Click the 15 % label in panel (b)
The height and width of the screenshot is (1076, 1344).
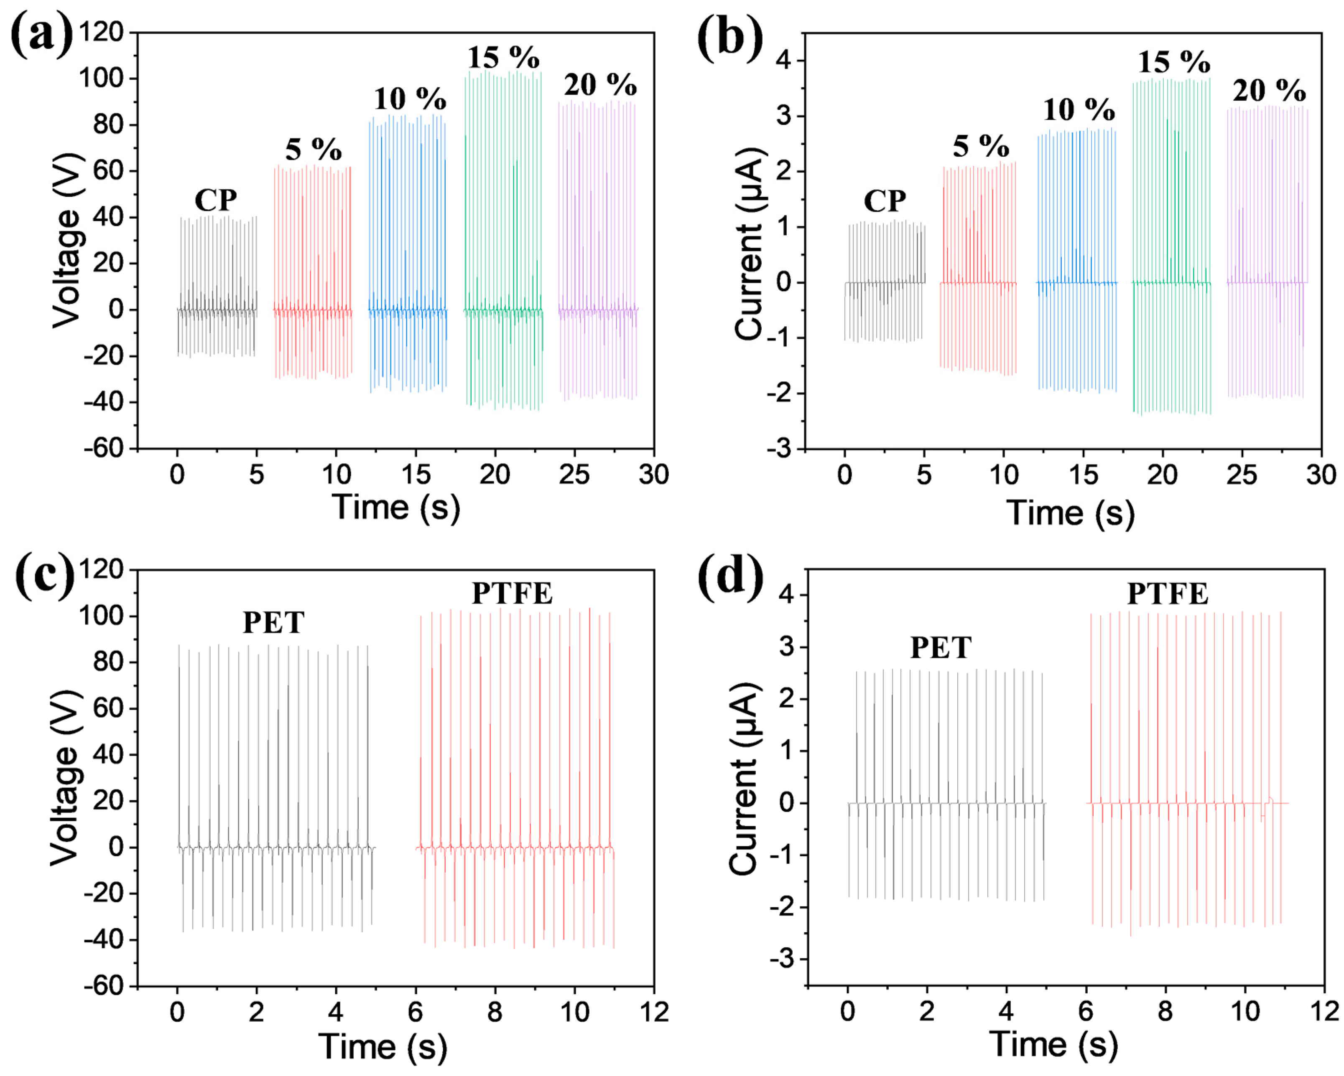pos(1174,62)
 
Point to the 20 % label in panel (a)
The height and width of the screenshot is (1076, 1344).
pos(600,85)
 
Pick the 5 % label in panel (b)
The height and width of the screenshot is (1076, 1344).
pos(981,147)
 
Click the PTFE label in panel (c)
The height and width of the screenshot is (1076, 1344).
pos(512,593)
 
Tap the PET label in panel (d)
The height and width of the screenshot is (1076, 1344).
pos(941,648)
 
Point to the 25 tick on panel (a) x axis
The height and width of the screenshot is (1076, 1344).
pos(574,475)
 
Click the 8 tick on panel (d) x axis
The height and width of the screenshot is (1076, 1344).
pos(1165,1012)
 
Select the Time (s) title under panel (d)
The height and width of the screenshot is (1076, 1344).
pos(1053,1044)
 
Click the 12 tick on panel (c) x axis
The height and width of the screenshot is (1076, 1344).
pos(654,1012)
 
